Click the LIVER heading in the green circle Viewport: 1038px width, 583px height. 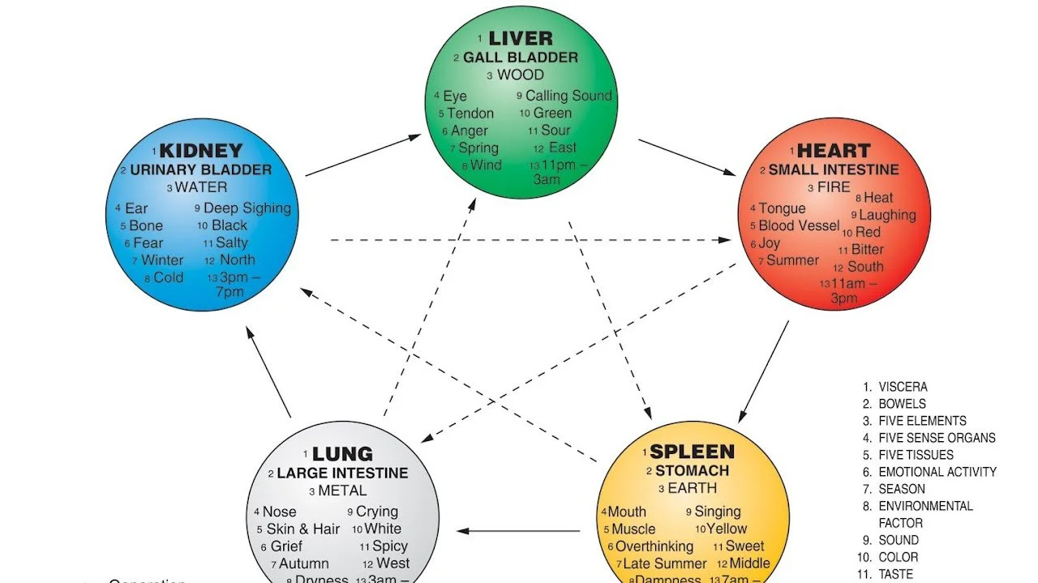pos(520,38)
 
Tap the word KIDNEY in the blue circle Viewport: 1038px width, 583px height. pos(200,151)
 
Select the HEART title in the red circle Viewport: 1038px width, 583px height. pos(834,151)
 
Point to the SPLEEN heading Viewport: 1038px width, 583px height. pos(693,452)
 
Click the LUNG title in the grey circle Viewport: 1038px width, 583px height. pos(342,454)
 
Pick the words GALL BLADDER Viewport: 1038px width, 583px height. pos(521,58)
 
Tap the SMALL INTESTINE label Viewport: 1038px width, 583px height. pos(834,170)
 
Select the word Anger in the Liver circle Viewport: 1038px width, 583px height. pos(470,131)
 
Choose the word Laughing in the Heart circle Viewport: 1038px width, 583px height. pos(887,215)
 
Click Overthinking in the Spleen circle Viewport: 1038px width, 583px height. pos(654,547)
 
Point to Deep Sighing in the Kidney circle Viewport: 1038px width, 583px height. pos(247,208)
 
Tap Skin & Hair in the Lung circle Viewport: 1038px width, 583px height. pos(302,529)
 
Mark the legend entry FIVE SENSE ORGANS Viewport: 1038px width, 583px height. pos(937,438)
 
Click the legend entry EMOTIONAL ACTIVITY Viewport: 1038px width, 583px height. pos(937,472)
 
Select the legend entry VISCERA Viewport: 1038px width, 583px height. pos(903,388)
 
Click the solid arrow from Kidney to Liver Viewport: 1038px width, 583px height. pos(362,155)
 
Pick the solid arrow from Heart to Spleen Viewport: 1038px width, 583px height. pos(763,371)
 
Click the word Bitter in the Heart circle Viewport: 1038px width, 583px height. pos(867,250)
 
